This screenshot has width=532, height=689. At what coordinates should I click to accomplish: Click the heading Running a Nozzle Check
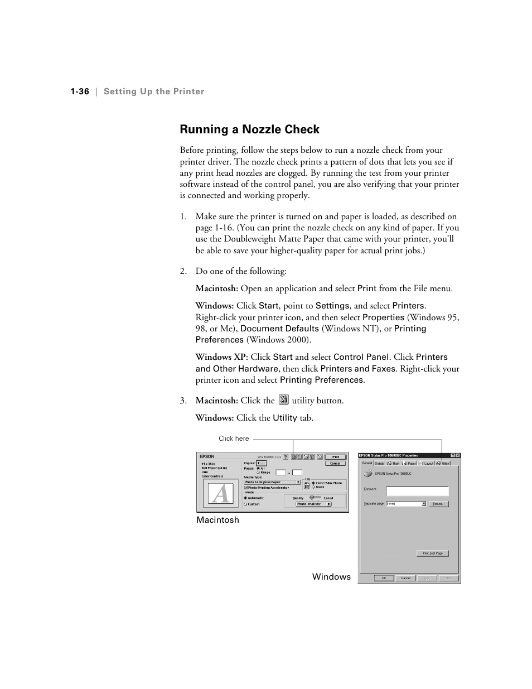249,129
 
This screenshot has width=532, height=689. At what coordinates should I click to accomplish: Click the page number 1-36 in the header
80,91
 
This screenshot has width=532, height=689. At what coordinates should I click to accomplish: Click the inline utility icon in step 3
283,399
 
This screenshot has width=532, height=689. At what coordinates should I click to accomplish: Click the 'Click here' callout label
234,439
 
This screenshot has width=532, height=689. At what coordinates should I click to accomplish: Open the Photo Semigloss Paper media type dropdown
273,482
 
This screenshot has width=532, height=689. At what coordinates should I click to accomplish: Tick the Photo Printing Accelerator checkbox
246,488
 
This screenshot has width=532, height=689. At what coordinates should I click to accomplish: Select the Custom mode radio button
246,504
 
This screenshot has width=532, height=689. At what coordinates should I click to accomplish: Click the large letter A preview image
220,494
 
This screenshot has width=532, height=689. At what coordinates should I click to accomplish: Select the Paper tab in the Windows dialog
410,463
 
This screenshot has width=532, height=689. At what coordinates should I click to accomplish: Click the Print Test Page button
432,553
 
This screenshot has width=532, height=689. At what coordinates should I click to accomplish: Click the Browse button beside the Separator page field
439,504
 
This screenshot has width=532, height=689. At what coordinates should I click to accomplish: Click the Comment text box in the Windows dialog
417,491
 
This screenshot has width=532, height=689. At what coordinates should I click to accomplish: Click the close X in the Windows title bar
457,456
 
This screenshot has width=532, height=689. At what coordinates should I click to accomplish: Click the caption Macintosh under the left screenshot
217,520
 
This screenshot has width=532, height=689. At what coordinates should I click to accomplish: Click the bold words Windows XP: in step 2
221,357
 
